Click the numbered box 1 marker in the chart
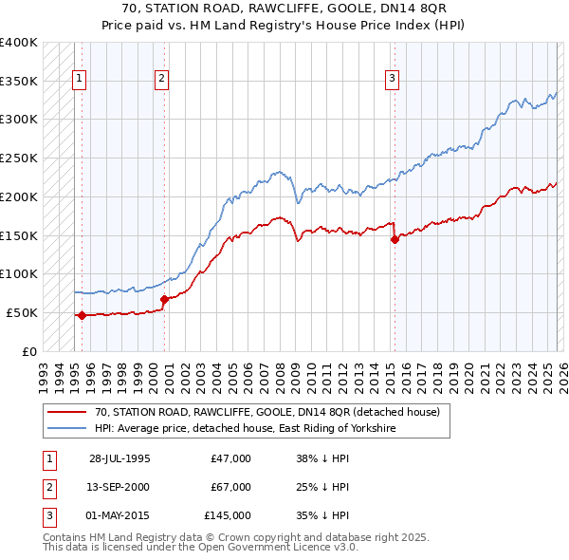point(80,79)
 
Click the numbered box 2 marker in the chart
point(162,79)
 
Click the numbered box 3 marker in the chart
point(392,79)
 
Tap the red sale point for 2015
point(395,239)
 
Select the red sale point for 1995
point(82,315)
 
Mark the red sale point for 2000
point(164,299)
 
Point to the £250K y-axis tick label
point(19,158)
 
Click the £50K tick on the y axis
point(22,312)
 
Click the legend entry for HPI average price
point(245,429)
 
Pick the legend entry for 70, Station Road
point(267,413)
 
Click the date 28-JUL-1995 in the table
point(119,458)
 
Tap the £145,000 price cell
point(228,515)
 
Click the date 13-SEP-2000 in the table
point(119,487)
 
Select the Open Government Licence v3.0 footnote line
point(200,548)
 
